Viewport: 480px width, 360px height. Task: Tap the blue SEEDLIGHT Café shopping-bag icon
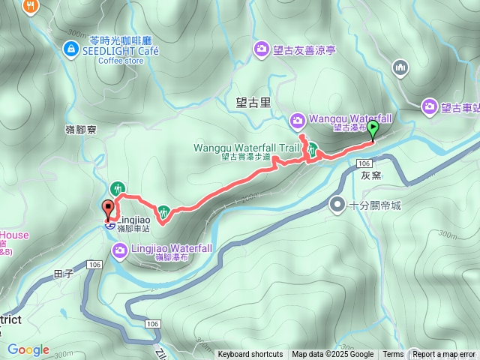(x=70, y=49)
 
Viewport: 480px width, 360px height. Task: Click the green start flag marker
(x=373, y=129)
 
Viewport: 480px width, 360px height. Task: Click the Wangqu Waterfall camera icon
(x=298, y=119)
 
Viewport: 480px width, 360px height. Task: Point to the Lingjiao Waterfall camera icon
(x=120, y=249)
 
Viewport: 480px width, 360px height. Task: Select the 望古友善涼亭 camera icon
(x=262, y=49)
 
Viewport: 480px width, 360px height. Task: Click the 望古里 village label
(x=249, y=100)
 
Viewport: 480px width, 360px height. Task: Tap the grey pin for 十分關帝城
(x=338, y=204)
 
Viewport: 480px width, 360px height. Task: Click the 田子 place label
(x=63, y=274)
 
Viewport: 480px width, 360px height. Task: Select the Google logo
(x=28, y=349)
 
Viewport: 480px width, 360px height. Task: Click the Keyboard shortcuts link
(x=250, y=355)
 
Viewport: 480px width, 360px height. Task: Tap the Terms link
(x=393, y=355)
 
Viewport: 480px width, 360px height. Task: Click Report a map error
(x=444, y=355)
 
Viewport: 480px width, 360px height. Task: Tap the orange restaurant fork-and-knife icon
(x=31, y=6)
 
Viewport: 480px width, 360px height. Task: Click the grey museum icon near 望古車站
(x=401, y=67)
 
